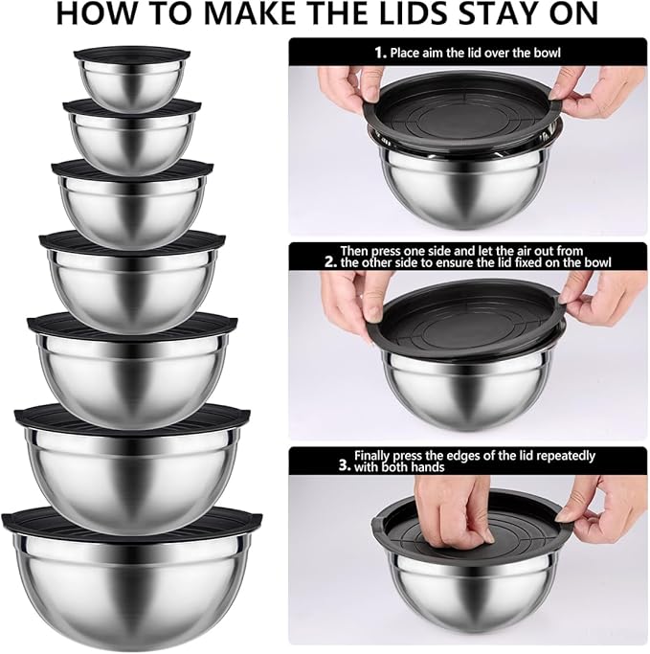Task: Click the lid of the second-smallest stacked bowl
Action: [x=133, y=107]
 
